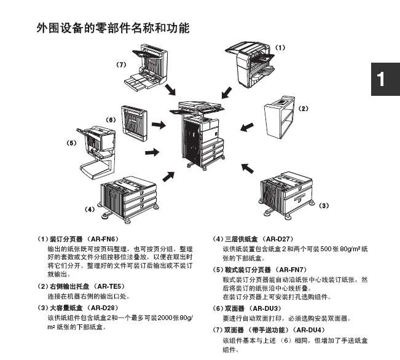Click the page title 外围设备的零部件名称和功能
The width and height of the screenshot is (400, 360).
(112, 28)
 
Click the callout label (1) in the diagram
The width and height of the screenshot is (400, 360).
(280, 47)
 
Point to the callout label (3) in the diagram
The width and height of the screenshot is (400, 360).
(324, 205)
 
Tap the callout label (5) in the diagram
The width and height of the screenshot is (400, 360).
(71, 143)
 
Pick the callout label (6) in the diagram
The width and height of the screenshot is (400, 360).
(111, 119)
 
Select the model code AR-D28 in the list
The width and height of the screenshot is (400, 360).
(101, 308)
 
